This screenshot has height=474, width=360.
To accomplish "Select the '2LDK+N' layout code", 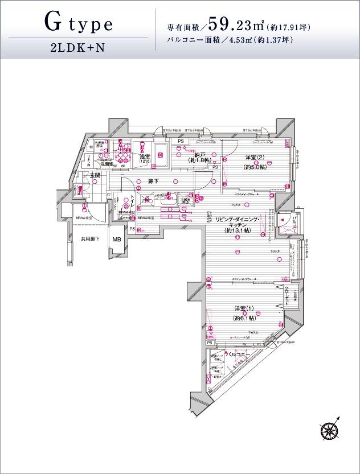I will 78,48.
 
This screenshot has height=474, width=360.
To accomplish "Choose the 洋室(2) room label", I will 253,158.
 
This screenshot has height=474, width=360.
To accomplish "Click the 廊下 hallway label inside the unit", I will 153,181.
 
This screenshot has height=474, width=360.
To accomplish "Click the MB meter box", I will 117,240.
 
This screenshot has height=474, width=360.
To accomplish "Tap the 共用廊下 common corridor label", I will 90,239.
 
